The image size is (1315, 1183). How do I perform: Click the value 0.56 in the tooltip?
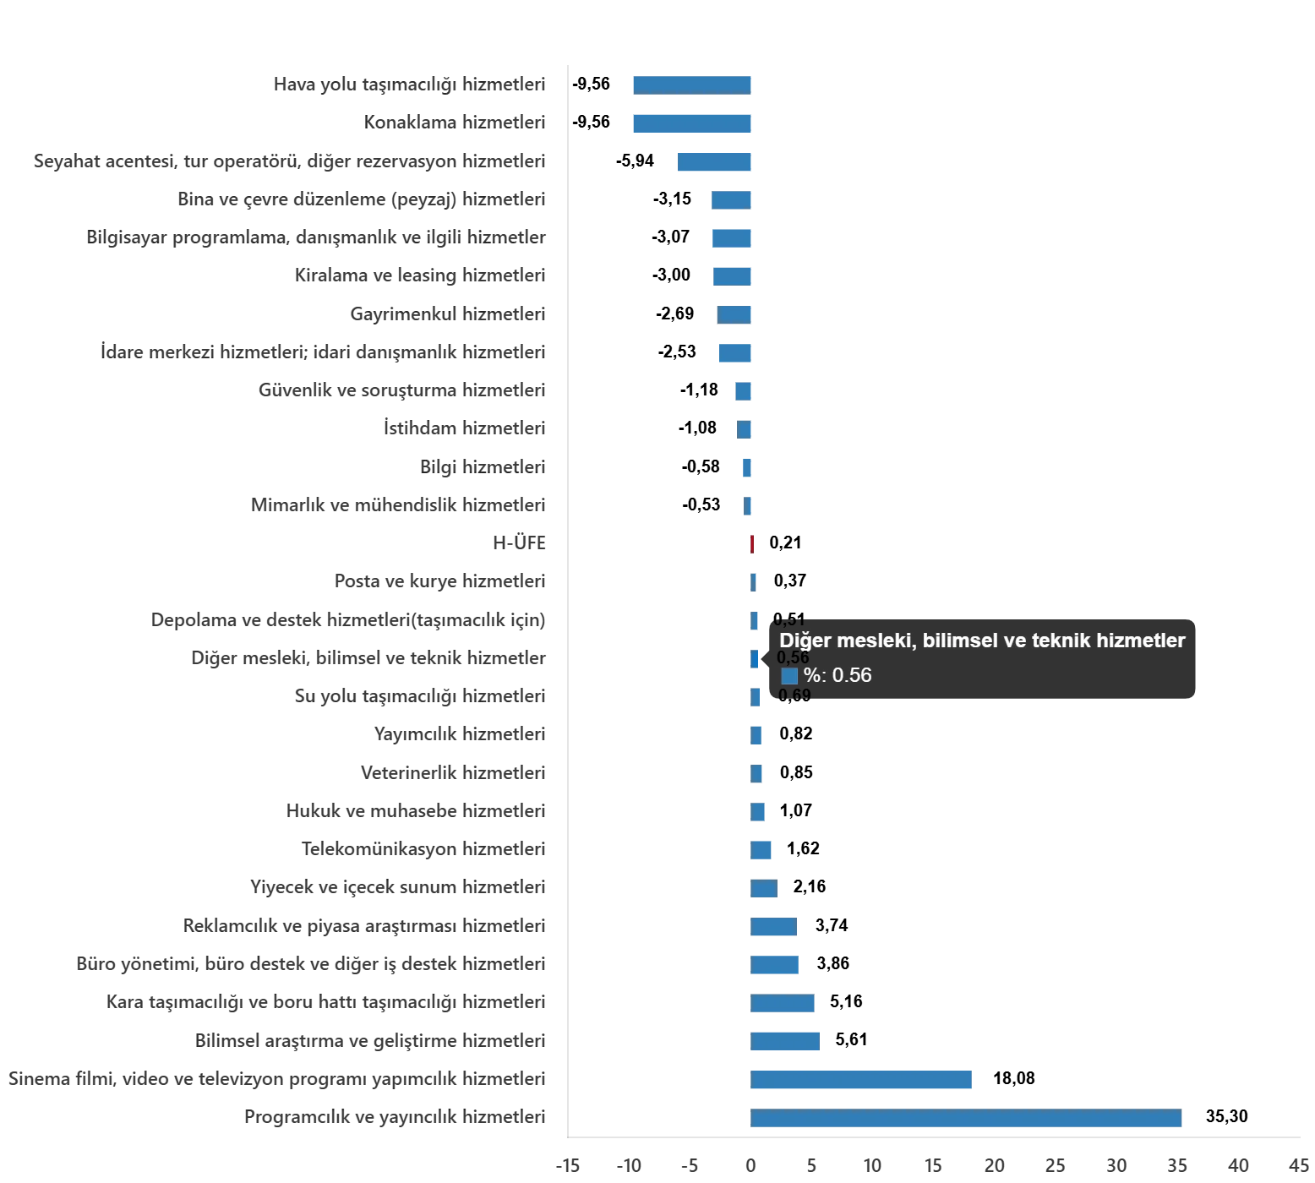click(852, 675)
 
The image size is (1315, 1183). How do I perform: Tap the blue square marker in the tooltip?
click(789, 676)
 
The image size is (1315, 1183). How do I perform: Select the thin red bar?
click(752, 544)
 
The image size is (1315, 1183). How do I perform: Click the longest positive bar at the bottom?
click(966, 1118)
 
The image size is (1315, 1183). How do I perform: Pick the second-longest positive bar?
click(861, 1081)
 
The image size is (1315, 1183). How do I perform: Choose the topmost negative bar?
click(692, 84)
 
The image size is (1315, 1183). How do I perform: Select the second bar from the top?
click(692, 123)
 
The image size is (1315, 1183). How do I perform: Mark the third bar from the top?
click(716, 161)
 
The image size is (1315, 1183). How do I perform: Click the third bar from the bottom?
click(786, 1040)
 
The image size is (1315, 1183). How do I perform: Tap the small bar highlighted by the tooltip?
click(756, 658)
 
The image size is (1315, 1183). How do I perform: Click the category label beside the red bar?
click(521, 543)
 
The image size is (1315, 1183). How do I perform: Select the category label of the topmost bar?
click(409, 84)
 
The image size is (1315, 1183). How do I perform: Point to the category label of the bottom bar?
click(396, 1119)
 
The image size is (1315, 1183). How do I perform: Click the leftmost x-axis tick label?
click(568, 1168)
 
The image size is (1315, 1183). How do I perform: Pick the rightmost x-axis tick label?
click(1299, 1168)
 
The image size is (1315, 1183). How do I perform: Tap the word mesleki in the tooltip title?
click(870, 641)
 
